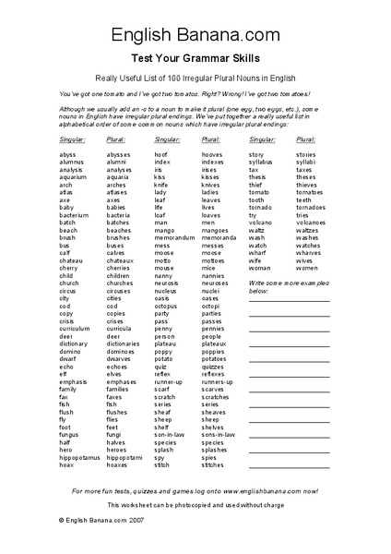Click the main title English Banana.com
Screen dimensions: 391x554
[195, 36]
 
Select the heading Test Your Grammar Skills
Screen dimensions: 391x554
[195, 57]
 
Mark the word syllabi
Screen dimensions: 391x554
[305, 162]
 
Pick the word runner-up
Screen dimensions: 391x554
[169, 379]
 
